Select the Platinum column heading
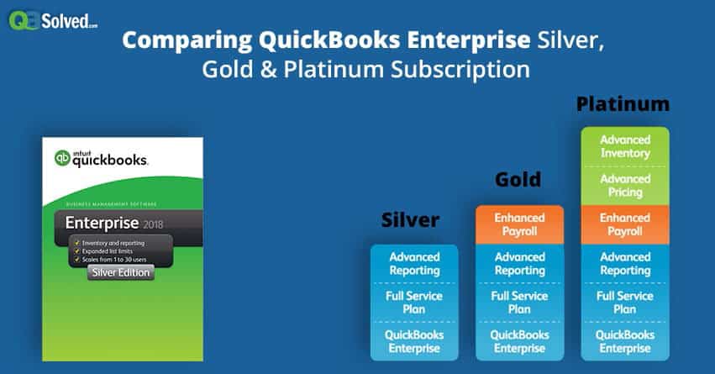click(x=623, y=104)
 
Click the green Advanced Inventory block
click(x=624, y=146)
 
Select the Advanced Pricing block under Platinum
click(x=624, y=186)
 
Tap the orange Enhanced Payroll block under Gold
click(x=520, y=224)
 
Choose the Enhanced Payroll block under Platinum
click(x=624, y=224)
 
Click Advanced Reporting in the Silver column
click(x=414, y=264)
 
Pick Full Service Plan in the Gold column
click(x=520, y=303)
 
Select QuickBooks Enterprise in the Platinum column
click(x=624, y=342)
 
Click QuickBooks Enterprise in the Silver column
click(x=414, y=342)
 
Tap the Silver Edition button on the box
click(x=120, y=272)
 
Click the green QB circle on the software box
click(x=61, y=157)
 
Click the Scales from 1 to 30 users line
click(x=123, y=260)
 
